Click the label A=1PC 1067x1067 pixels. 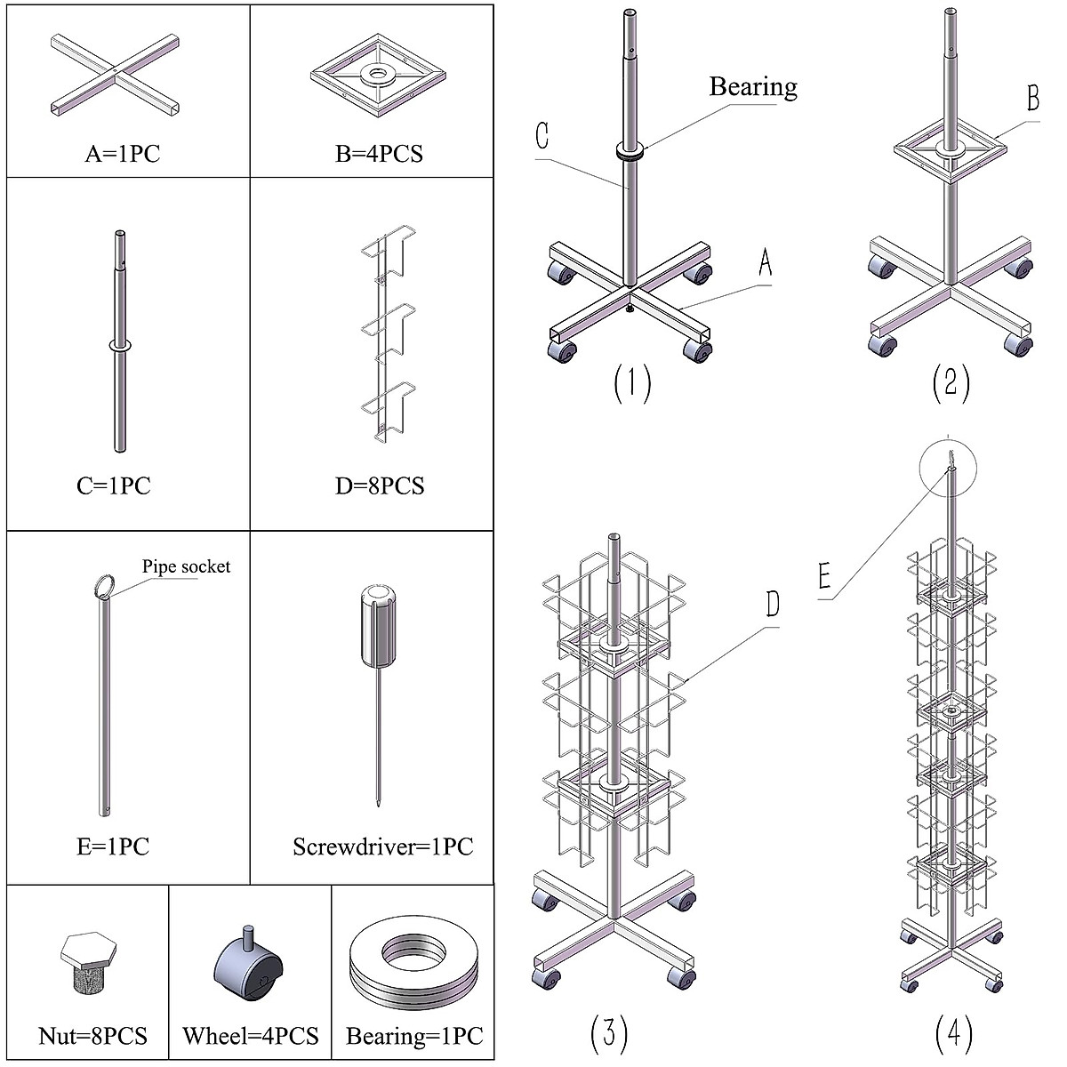[123, 153]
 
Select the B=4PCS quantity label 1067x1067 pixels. [380, 153]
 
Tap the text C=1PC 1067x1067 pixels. [114, 485]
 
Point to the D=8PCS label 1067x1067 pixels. [380, 485]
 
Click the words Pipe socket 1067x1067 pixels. [186, 566]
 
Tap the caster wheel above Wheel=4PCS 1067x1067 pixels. [249, 965]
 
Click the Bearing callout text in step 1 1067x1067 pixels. [753, 87]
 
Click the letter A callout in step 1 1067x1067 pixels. [766, 262]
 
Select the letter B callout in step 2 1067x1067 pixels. [1033, 98]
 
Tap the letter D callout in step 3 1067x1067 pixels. [773, 604]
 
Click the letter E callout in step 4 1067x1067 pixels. [824, 575]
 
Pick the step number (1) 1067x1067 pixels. [632, 383]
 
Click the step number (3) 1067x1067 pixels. [608, 1033]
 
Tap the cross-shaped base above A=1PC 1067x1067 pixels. [116, 75]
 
